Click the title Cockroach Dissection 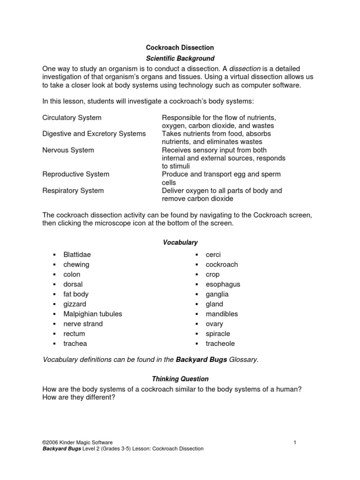[x=180, y=48]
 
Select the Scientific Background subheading [x=180, y=59]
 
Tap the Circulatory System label [x=72, y=117]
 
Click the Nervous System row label [x=68, y=150]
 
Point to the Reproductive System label [x=75, y=174]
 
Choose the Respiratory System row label [x=73, y=191]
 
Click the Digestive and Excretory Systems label [x=94, y=134]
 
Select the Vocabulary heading [x=180, y=242]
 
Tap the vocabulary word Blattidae [x=77, y=255]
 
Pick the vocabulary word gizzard [x=75, y=304]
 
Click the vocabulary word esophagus [x=223, y=284]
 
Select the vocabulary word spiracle [x=217, y=333]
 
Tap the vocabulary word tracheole [x=220, y=343]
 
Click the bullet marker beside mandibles [x=196, y=314]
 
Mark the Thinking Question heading [x=180, y=379]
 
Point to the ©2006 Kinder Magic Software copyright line [x=77, y=442]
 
